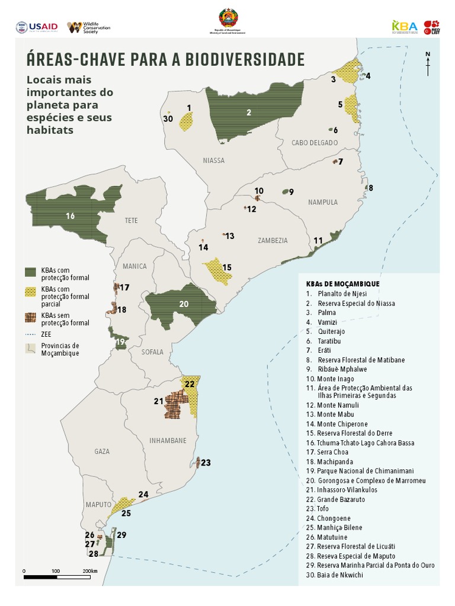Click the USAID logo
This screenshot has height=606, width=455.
37,27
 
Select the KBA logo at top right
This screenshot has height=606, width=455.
405,27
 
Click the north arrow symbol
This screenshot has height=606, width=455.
428,65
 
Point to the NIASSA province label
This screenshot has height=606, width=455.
213,160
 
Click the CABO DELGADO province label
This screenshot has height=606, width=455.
314,143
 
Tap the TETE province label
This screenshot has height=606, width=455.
132,220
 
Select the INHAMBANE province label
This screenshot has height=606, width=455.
168,440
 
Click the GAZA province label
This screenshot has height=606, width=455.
102,452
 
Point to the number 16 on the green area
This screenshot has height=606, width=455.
71,216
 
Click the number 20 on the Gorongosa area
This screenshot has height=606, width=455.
184,304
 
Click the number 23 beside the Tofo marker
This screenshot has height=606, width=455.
206,462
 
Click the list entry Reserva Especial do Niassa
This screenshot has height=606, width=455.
355,303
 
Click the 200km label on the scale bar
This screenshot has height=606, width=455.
90,570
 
